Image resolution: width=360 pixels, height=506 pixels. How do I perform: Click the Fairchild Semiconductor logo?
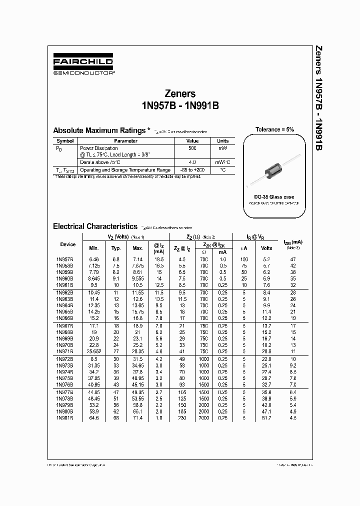click(x=83, y=64)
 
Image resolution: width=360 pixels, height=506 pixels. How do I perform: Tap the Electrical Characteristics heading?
click(x=94, y=226)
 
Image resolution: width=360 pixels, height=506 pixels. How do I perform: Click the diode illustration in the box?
click(x=275, y=167)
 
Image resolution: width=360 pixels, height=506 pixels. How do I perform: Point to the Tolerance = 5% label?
click(x=274, y=129)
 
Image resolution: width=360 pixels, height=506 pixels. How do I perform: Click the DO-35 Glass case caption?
click(x=274, y=197)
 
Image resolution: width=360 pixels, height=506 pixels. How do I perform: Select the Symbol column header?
click(x=65, y=141)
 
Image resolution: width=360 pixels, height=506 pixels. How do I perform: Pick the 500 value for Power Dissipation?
click(x=192, y=148)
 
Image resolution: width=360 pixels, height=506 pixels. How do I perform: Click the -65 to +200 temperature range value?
click(x=192, y=170)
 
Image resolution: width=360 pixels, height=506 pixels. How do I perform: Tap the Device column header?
click(x=67, y=244)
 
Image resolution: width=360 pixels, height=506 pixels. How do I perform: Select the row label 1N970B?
click(x=64, y=344)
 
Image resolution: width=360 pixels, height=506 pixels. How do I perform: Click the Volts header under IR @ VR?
click(x=267, y=248)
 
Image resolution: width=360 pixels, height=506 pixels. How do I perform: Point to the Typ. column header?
click(x=116, y=248)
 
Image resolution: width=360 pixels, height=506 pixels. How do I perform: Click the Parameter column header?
click(x=125, y=141)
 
